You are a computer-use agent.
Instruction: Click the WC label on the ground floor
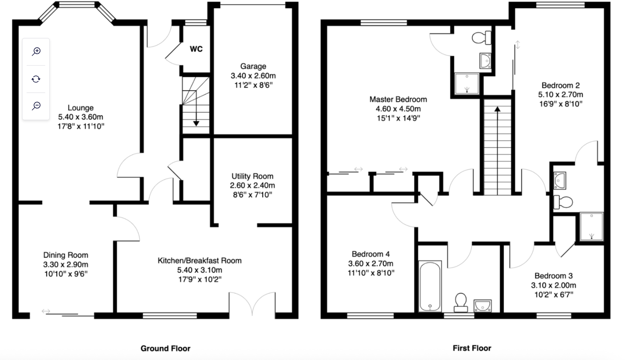[x=196, y=49]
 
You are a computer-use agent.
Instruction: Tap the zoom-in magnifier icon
[x=36, y=51]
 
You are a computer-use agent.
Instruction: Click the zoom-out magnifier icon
[x=36, y=106]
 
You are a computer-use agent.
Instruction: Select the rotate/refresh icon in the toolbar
[x=36, y=79]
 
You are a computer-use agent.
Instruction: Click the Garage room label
[x=253, y=66]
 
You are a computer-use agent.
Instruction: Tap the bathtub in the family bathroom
[x=430, y=286]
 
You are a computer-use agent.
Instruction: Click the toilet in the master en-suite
[x=481, y=38]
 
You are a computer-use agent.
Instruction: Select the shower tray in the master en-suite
[x=467, y=83]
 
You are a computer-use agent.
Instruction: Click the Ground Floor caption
[x=165, y=348]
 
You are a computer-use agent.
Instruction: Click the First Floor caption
[x=472, y=348]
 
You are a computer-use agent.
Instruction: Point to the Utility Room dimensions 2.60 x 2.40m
[x=252, y=185]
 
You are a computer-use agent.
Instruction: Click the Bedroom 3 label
[x=554, y=276]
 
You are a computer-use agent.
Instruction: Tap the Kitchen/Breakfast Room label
[x=199, y=260]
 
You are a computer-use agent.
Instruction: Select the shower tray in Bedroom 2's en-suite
[x=591, y=226]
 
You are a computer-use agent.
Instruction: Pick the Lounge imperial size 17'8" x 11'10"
[x=81, y=126]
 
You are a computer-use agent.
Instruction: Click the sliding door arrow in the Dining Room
[x=46, y=311]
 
